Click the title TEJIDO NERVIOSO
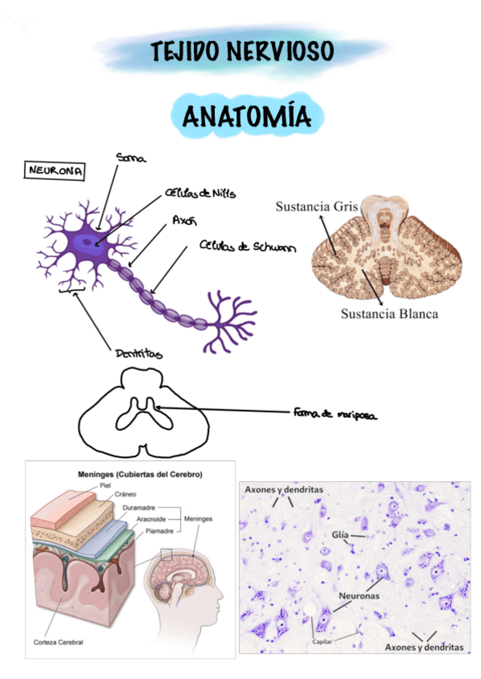coord(241,52)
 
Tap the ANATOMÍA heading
coord(246,118)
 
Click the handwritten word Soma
coord(130,158)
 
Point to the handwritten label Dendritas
coord(139,352)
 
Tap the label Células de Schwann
coord(247,247)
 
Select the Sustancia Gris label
coord(316,207)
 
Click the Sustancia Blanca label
coord(389,313)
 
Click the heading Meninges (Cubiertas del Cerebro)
coord(139,474)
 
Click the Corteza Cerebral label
coord(58,642)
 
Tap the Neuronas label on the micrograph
coord(358,597)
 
